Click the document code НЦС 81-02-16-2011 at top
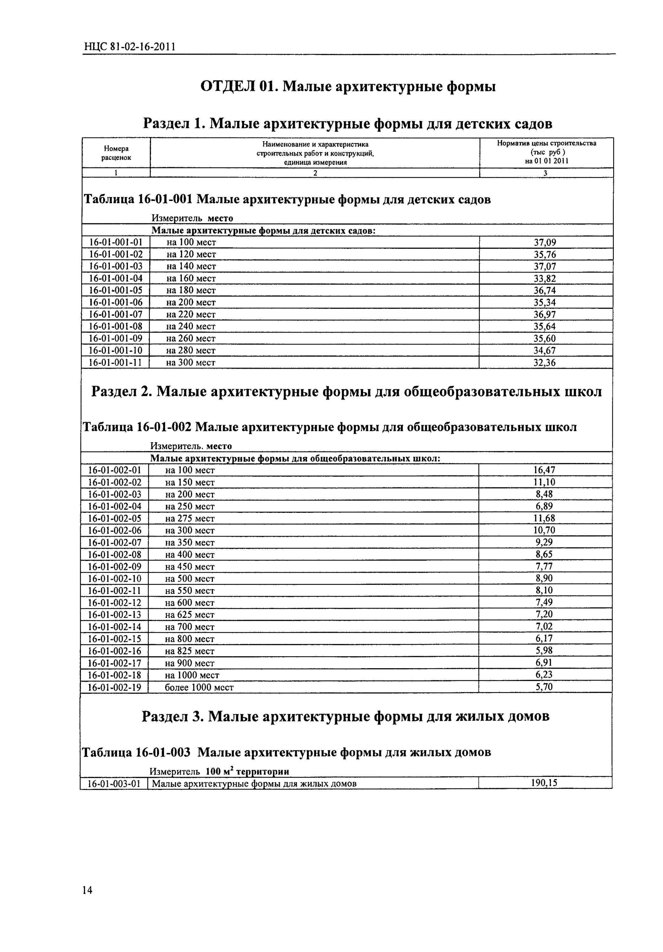pyautogui.click(x=129, y=47)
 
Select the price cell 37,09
pyautogui.click(x=544, y=242)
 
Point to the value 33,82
pyautogui.click(x=544, y=279)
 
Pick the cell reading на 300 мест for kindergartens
pyautogui.click(x=191, y=363)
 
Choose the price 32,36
pyautogui.click(x=544, y=363)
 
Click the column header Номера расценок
pyautogui.click(x=116, y=153)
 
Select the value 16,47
pyautogui.click(x=544, y=470)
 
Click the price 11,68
pyautogui.click(x=544, y=518)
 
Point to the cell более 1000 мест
pyautogui.click(x=199, y=687)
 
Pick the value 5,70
pyautogui.click(x=544, y=687)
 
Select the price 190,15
pyautogui.click(x=544, y=783)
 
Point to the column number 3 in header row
pyautogui.click(x=545, y=173)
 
